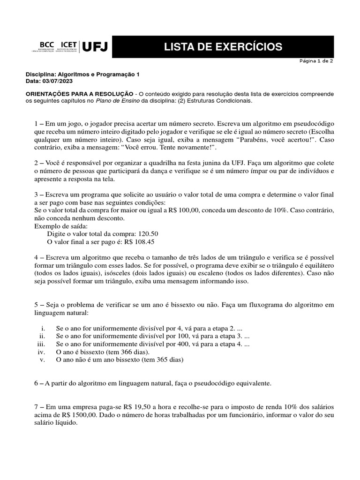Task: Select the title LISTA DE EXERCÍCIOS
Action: [x=223, y=47]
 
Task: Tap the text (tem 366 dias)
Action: [x=128, y=352]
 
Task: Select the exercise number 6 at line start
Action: [x=36, y=383]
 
